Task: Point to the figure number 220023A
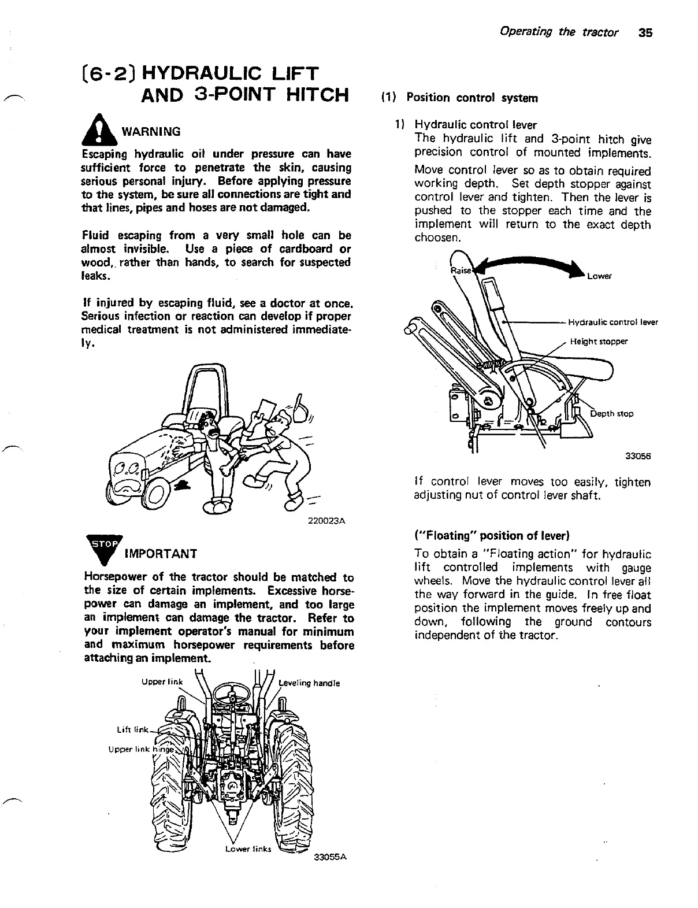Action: (328, 521)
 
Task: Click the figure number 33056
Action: (638, 455)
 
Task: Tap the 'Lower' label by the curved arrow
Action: (599, 276)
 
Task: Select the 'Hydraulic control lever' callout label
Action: (613, 322)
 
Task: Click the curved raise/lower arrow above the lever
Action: (526, 266)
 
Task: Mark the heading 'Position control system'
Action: (472, 98)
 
